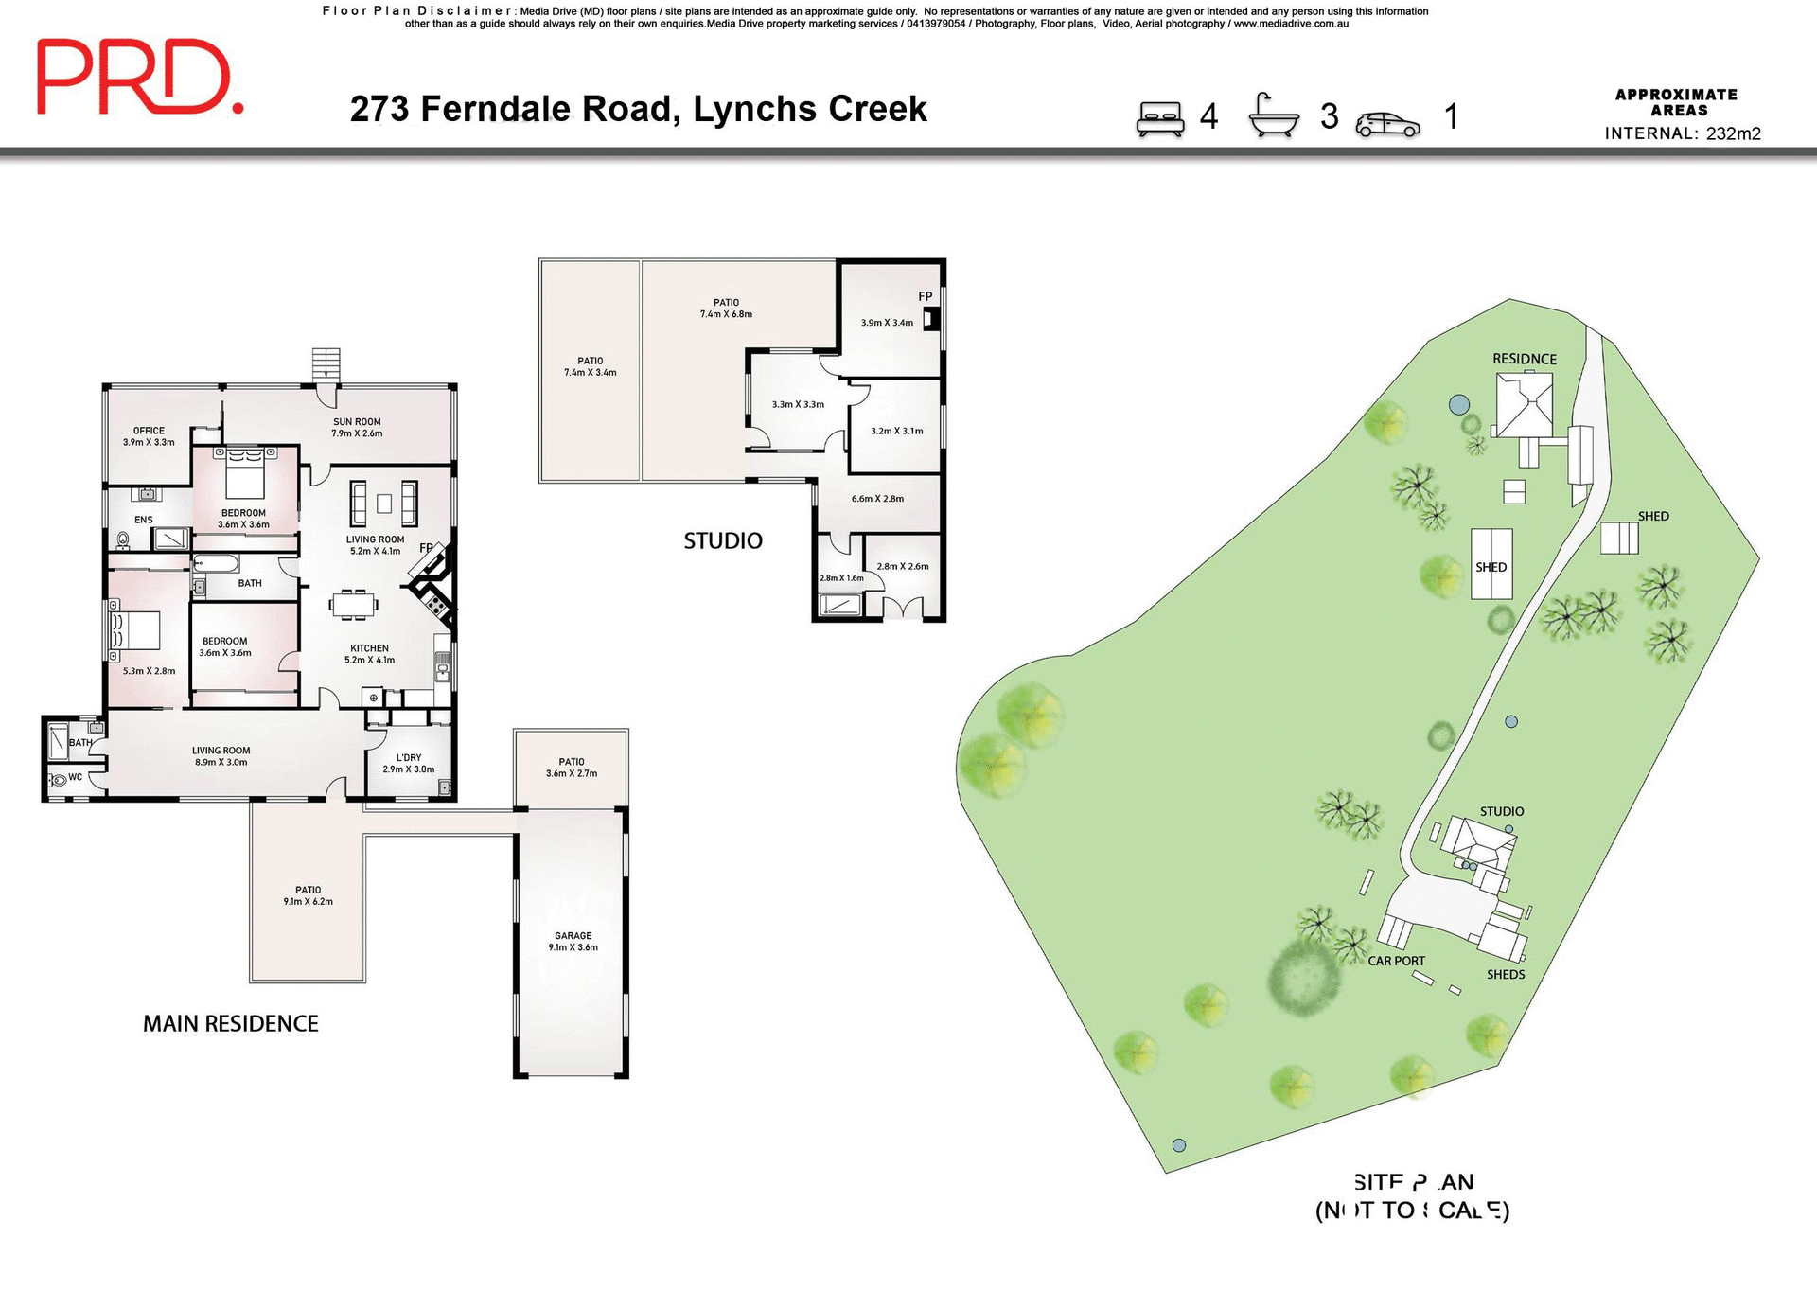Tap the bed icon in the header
(x=1160, y=119)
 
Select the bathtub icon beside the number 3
(x=1274, y=116)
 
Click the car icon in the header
(x=1387, y=124)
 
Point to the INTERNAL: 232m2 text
(x=1682, y=133)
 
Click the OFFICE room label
(x=149, y=436)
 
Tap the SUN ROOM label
(x=357, y=428)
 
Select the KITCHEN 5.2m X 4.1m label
(x=369, y=654)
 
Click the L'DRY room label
(x=409, y=763)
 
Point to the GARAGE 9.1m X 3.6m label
(x=573, y=941)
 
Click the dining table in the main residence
(x=354, y=604)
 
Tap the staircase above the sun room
(x=326, y=363)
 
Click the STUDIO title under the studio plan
(x=722, y=540)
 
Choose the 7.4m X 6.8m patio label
(x=726, y=309)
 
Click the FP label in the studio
(x=925, y=296)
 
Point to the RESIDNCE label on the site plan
(x=1524, y=359)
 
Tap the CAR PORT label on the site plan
(x=1396, y=961)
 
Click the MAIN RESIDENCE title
(x=230, y=1023)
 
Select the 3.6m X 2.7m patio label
(x=571, y=768)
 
